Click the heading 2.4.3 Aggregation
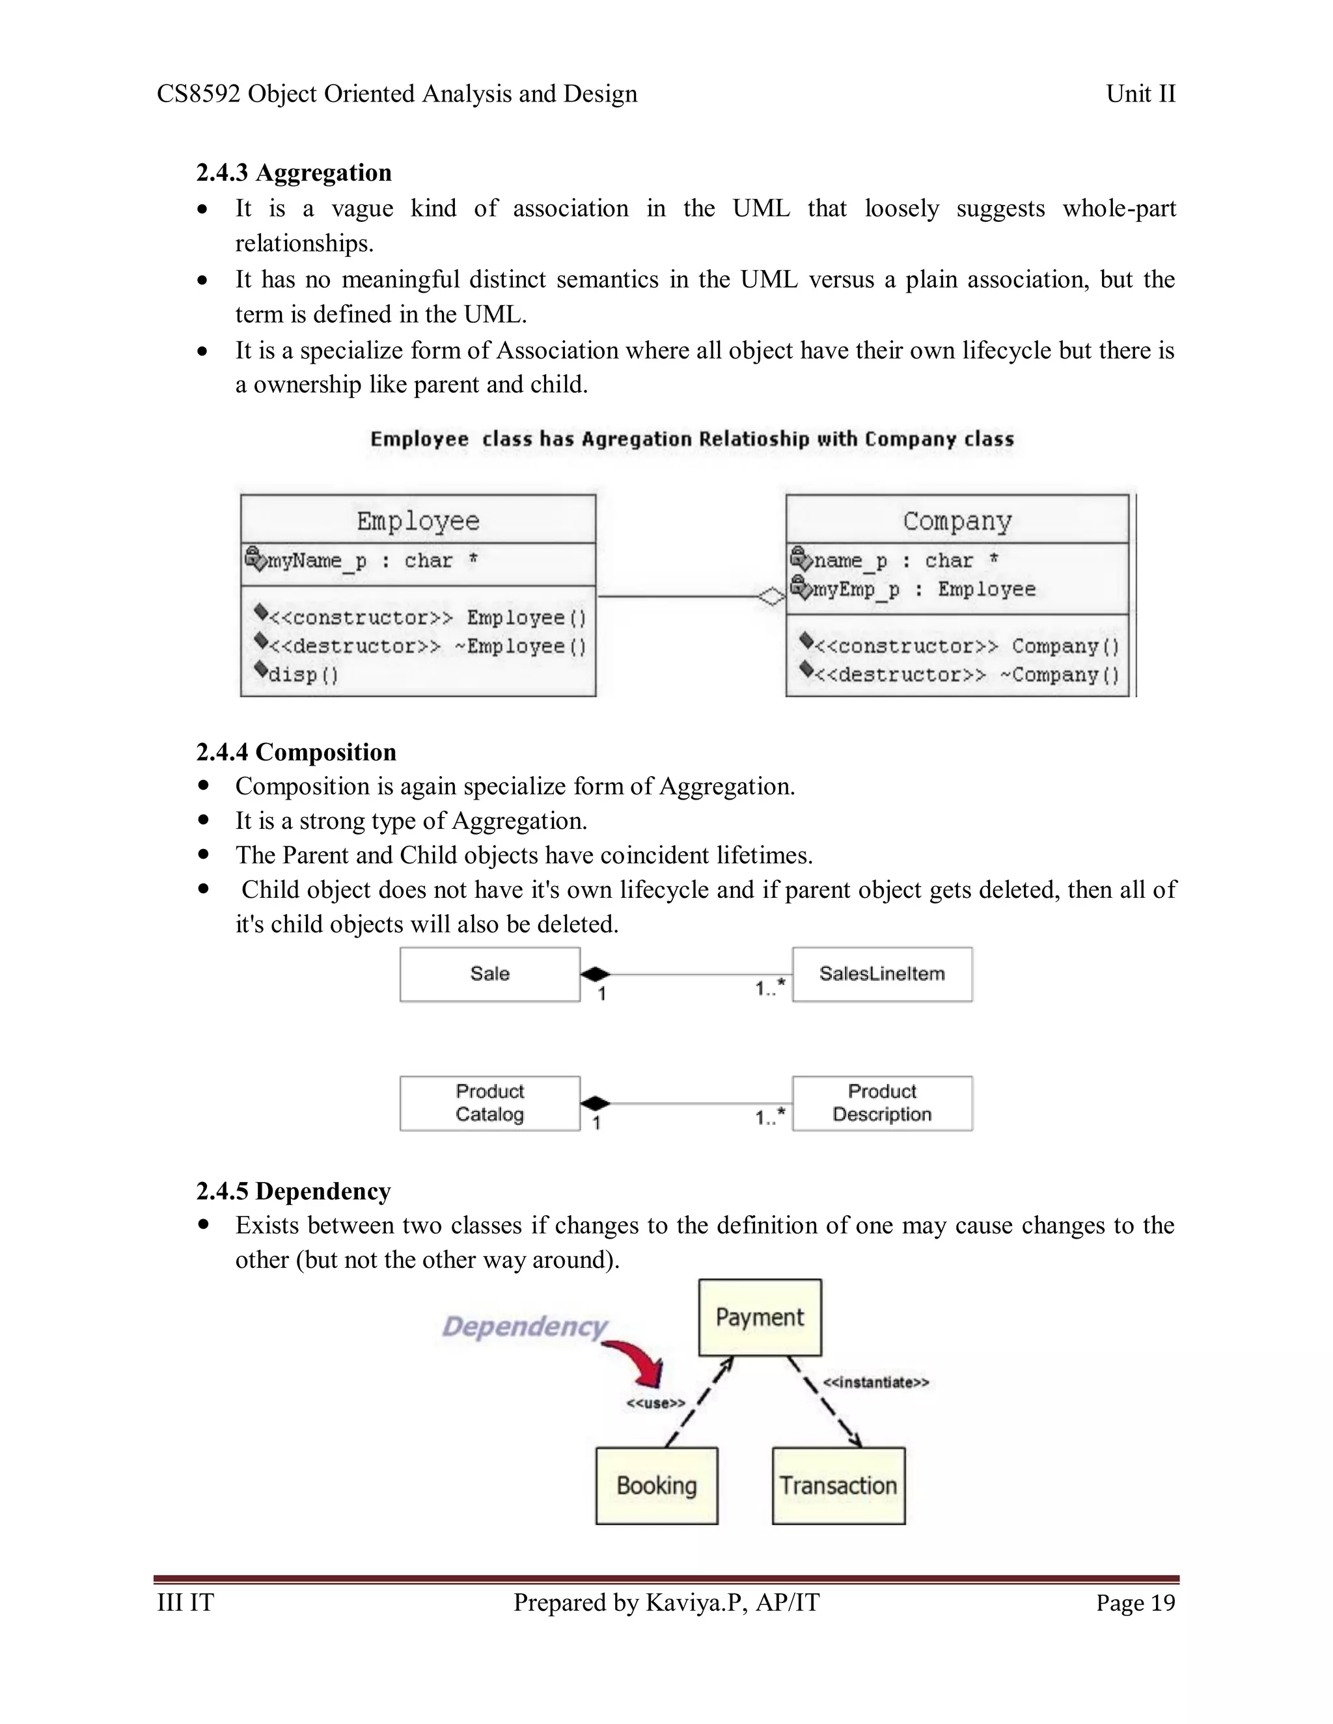coord(294,172)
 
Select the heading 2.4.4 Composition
coord(296,751)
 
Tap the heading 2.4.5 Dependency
coord(293,1191)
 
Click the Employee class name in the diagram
coord(418,520)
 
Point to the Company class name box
coord(957,520)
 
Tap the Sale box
coord(489,974)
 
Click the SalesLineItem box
coord(882,974)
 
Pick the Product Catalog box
coord(489,1103)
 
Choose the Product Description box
coord(882,1103)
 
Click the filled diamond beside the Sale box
coord(596,974)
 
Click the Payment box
coord(760,1317)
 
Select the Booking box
coord(656,1486)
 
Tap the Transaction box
coord(838,1486)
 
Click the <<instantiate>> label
coord(876,1382)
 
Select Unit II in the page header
coord(1140,94)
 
